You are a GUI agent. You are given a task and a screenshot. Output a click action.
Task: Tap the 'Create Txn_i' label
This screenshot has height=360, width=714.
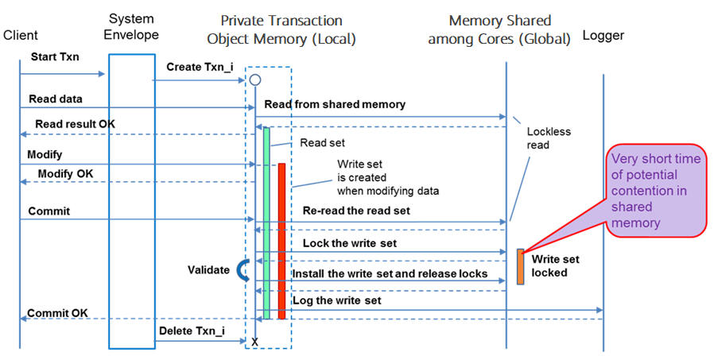(x=200, y=67)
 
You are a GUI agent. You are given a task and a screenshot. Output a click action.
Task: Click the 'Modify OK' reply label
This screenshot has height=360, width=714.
(x=64, y=173)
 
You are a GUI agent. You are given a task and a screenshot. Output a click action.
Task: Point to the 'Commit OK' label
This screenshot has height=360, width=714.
(x=58, y=313)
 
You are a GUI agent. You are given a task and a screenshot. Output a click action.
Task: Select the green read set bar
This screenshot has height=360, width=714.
(x=266, y=223)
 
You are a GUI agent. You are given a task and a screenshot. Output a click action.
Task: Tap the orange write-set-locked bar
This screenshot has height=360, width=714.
(x=520, y=266)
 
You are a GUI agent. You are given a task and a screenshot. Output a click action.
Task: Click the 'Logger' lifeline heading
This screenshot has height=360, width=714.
(x=603, y=35)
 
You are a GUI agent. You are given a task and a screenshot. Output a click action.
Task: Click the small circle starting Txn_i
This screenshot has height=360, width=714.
(x=255, y=79)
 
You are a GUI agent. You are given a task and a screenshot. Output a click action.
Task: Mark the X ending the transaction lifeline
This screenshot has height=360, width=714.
(x=255, y=341)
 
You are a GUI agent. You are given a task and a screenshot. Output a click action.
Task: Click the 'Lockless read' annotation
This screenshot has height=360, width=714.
(x=549, y=138)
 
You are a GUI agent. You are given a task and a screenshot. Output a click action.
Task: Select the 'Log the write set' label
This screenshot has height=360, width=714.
(x=337, y=301)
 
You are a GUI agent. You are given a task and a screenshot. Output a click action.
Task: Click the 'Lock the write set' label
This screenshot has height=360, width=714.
(x=349, y=243)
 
